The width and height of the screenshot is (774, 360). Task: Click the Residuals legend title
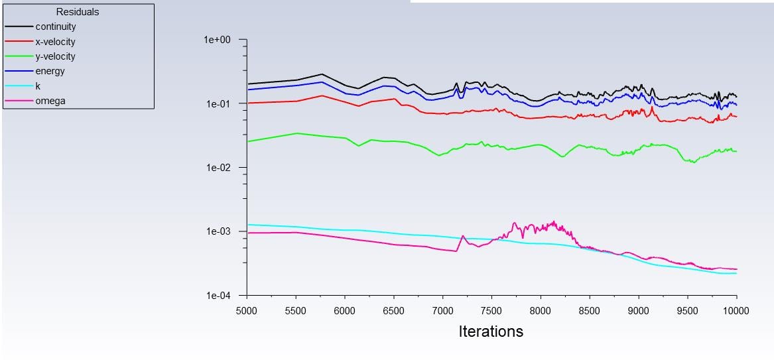(x=78, y=12)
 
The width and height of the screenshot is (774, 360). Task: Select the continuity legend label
(x=56, y=27)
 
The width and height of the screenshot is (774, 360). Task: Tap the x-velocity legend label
(x=55, y=42)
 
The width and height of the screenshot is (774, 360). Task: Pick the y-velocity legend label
(x=55, y=56)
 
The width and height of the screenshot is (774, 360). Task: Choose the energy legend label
(x=50, y=71)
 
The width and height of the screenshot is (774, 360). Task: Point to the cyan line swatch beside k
(x=19, y=86)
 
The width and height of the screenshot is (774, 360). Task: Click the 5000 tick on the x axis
(x=247, y=310)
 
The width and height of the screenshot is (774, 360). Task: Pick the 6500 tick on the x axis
(x=393, y=310)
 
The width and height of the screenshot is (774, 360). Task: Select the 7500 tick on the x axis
(x=491, y=310)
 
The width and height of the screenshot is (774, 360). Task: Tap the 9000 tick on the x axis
(x=638, y=310)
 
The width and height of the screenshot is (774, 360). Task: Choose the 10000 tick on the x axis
(x=736, y=310)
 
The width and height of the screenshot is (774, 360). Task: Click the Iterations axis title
(x=491, y=331)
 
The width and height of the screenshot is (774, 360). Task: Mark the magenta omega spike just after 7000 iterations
(x=463, y=236)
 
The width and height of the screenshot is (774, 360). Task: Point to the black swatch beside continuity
(x=19, y=27)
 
